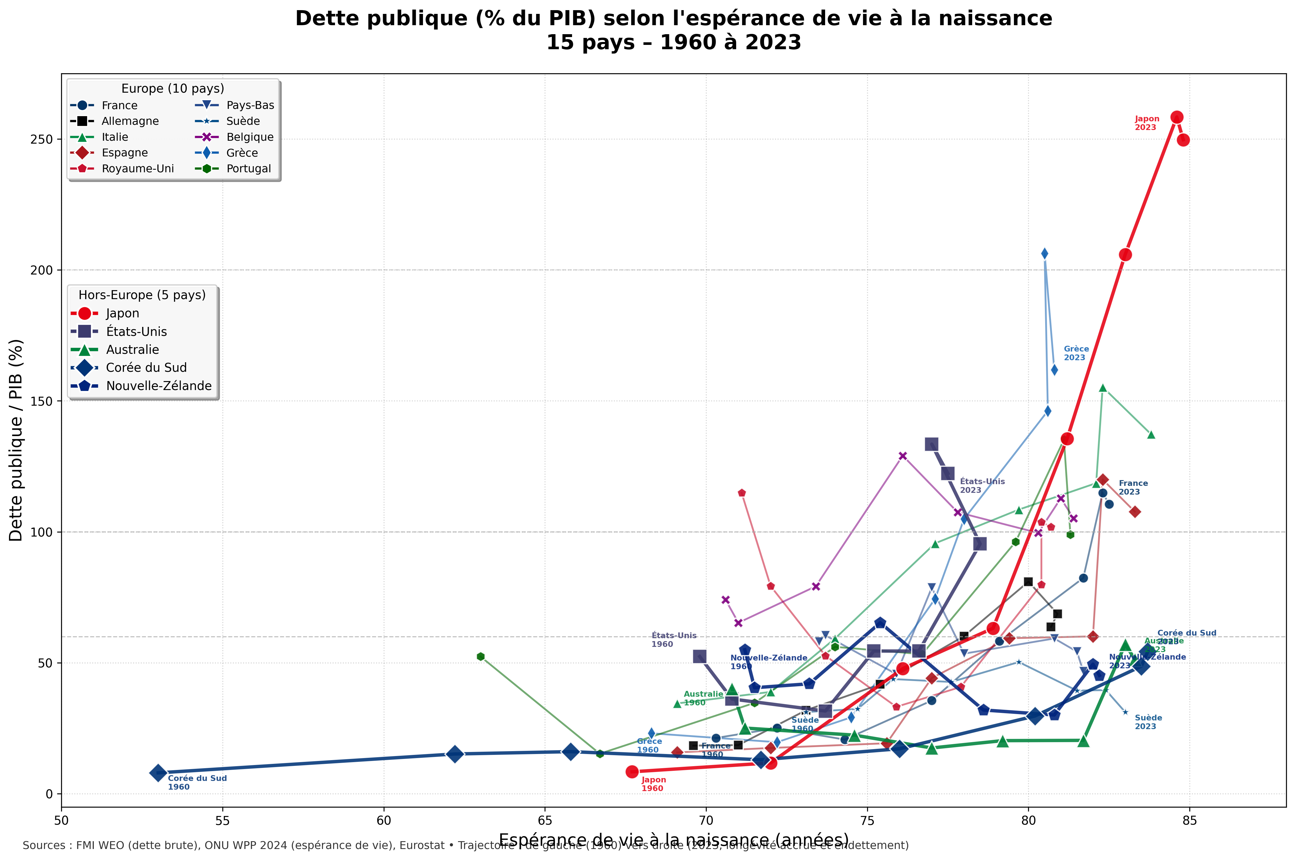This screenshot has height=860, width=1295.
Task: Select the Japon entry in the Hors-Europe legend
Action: click(x=122, y=313)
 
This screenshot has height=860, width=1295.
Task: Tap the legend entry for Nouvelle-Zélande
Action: click(x=158, y=386)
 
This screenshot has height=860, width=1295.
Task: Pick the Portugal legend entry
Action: click(x=248, y=168)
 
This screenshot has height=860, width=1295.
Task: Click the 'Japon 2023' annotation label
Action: click(x=1146, y=123)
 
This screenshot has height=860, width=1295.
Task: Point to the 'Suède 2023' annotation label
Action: click(x=1148, y=722)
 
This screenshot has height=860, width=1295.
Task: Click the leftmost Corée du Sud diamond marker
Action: click(x=158, y=773)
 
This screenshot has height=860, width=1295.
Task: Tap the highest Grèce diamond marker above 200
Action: click(x=1045, y=253)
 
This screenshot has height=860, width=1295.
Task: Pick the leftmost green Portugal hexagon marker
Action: click(x=481, y=656)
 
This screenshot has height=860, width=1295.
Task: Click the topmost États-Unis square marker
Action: click(x=931, y=444)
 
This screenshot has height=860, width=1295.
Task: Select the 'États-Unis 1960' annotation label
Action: click(x=673, y=640)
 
